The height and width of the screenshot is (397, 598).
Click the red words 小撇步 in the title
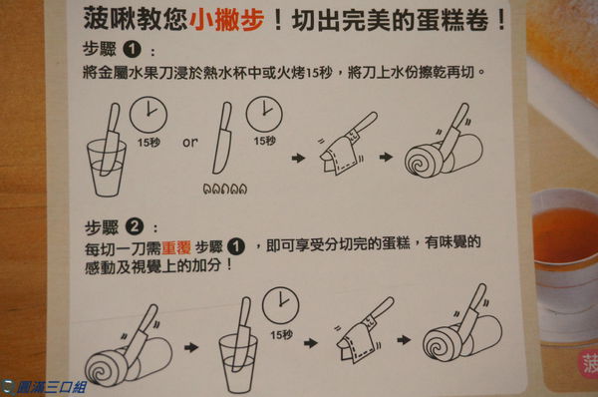[x=226, y=19]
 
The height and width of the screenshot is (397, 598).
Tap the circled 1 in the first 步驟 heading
[x=132, y=50]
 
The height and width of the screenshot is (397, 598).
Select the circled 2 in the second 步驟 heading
[x=135, y=226]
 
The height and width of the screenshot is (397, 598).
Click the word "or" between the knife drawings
[x=190, y=143]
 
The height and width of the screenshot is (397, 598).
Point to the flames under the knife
[x=225, y=189]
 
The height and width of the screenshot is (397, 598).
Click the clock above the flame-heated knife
[x=264, y=114]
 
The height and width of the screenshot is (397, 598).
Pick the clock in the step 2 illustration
[x=280, y=305]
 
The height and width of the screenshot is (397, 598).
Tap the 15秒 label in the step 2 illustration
[x=282, y=335]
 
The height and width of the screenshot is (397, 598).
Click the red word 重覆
[x=176, y=248]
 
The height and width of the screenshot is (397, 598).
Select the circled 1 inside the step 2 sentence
[x=236, y=246]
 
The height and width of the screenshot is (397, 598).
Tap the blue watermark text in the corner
[x=49, y=387]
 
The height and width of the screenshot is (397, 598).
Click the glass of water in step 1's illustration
[x=106, y=168]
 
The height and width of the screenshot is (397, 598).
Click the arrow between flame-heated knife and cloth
[x=298, y=158]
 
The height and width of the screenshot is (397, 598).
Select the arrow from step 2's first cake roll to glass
[x=191, y=347]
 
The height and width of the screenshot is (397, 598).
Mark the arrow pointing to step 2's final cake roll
[x=404, y=339]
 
